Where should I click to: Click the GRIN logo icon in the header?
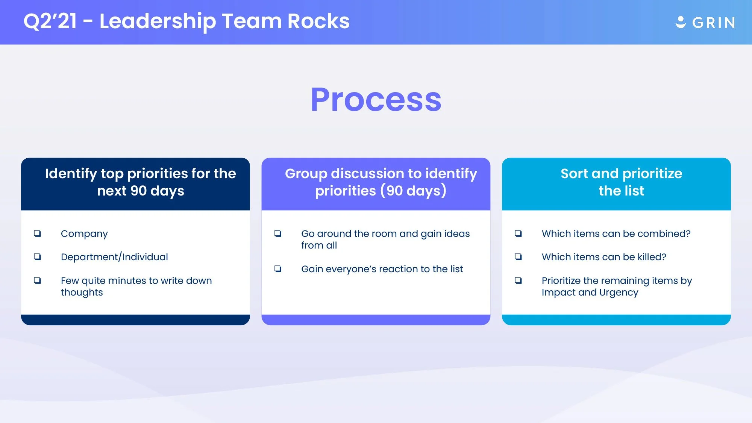pos(681,22)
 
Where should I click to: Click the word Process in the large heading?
pos(376,100)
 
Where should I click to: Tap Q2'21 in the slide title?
pos(50,21)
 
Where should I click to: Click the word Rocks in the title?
pos(318,21)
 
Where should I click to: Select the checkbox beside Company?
pos(37,233)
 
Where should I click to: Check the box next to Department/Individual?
pos(37,257)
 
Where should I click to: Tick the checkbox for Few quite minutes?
pos(37,280)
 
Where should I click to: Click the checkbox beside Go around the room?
pos(278,233)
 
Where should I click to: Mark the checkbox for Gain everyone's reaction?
pos(278,269)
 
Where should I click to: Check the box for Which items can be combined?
pos(518,233)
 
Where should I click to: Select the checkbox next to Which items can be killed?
pos(518,257)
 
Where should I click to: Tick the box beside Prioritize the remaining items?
pos(518,280)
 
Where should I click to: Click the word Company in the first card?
pos(84,234)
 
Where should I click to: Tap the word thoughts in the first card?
pos(82,293)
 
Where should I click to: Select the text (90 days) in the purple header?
pos(413,191)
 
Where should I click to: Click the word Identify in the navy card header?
pos(71,174)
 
